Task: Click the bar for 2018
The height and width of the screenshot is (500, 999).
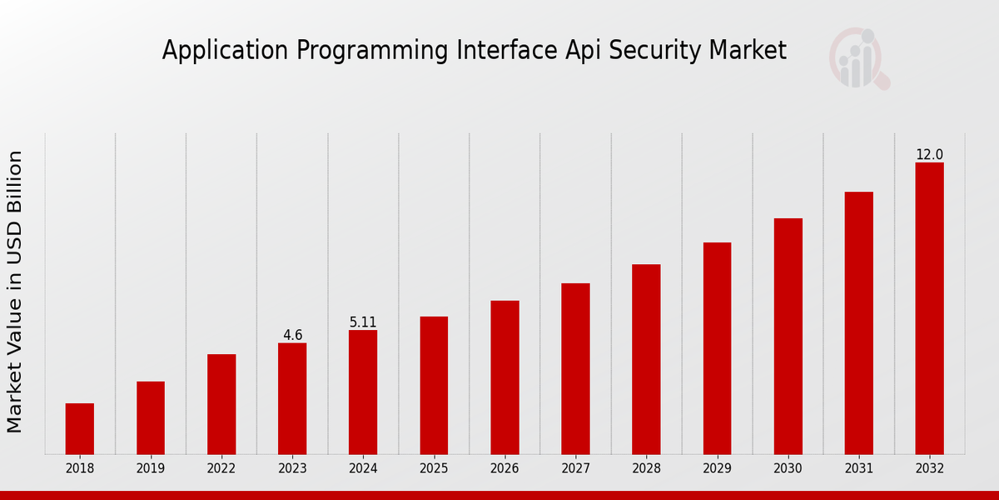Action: pyautogui.click(x=80, y=428)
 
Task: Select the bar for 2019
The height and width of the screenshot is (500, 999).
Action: pyautogui.click(x=151, y=417)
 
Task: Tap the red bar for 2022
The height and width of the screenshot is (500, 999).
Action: pyautogui.click(x=221, y=404)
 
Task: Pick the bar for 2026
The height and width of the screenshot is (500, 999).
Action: pyautogui.click(x=504, y=377)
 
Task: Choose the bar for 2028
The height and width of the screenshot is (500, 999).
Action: pyautogui.click(x=646, y=359)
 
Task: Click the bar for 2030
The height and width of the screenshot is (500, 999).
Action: pyautogui.click(x=788, y=336)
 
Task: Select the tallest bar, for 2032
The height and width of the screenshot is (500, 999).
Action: pyautogui.click(x=929, y=308)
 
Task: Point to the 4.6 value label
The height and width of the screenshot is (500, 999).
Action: pyautogui.click(x=292, y=335)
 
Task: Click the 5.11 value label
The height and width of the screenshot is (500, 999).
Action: pyautogui.click(x=363, y=322)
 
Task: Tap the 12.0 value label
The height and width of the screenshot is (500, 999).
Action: pyautogui.click(x=929, y=154)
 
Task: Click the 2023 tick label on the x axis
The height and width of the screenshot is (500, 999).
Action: pyautogui.click(x=292, y=468)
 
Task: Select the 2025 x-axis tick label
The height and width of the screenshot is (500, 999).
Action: pyautogui.click(x=434, y=468)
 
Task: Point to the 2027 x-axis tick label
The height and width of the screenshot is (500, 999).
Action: pyautogui.click(x=575, y=468)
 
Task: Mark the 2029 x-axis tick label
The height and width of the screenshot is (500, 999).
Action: pyautogui.click(x=717, y=468)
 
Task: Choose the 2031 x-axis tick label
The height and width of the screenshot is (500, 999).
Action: pyautogui.click(x=858, y=468)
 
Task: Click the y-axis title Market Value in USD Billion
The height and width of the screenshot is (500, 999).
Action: pyautogui.click(x=15, y=292)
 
